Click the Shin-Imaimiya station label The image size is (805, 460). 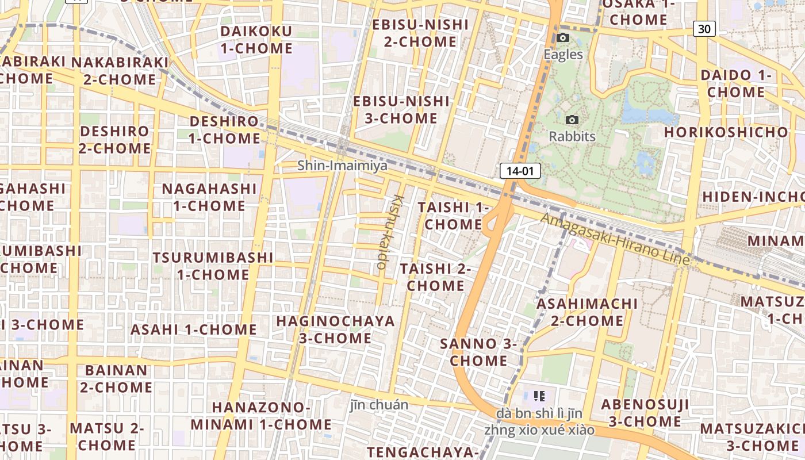tap(342, 166)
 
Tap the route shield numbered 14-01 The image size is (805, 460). tap(520, 171)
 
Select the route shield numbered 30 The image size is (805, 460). tap(704, 28)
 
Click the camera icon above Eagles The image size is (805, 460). tap(563, 38)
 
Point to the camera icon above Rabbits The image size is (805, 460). tap(572, 120)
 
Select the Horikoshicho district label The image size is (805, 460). tap(726, 132)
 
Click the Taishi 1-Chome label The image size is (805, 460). tap(453, 216)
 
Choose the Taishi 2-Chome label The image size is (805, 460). tap(435, 277)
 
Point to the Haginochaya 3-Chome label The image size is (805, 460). tap(335, 329)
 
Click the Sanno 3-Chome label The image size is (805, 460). tap(478, 352)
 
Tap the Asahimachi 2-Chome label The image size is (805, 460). tap(587, 312)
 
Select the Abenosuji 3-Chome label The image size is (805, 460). tap(645, 413)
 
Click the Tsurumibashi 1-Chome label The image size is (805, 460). tap(213, 266)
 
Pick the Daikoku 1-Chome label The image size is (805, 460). tap(256, 40)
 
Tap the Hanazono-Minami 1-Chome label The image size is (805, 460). tap(261, 416)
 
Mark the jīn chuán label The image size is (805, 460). tap(379, 405)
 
